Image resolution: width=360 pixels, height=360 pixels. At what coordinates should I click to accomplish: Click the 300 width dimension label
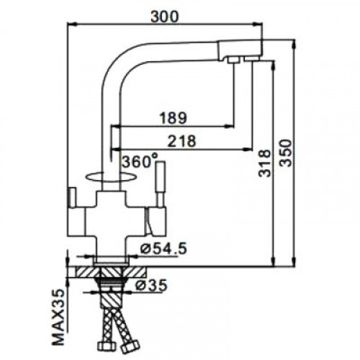pyautogui.click(x=165, y=17)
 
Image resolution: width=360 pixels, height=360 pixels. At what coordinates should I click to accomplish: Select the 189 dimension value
pyautogui.click(x=173, y=118)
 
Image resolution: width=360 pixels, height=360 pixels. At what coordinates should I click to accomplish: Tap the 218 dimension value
pyautogui.click(x=181, y=141)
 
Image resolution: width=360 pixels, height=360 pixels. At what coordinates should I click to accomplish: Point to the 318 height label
pyautogui.click(x=264, y=163)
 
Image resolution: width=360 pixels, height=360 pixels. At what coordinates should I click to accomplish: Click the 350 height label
pyautogui.click(x=286, y=153)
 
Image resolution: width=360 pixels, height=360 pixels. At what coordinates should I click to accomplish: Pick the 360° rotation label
pyautogui.click(x=140, y=161)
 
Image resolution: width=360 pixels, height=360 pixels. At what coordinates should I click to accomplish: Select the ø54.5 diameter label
pyautogui.click(x=163, y=248)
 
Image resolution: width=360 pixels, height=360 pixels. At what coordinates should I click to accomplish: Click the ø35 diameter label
pyautogui.click(x=151, y=285)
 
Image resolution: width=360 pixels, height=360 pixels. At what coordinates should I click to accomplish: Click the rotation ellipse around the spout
pyautogui.click(x=111, y=181)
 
